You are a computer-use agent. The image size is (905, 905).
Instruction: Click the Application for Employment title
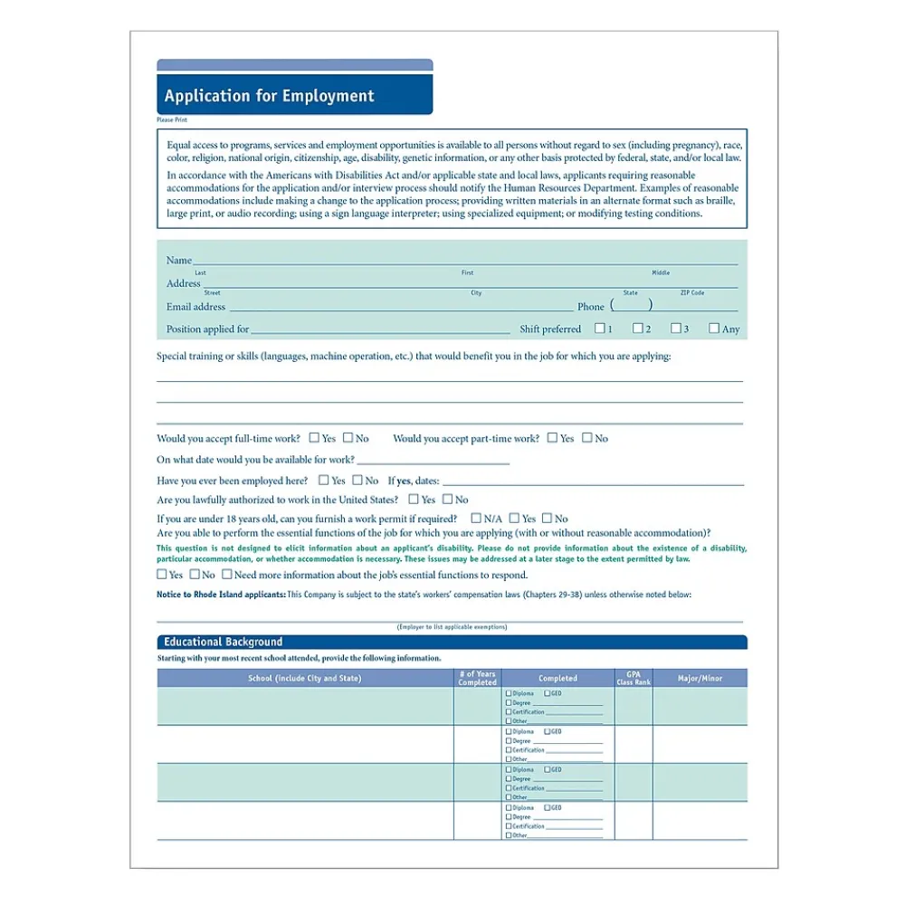pos(269,96)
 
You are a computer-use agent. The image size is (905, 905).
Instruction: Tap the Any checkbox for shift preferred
pos(714,329)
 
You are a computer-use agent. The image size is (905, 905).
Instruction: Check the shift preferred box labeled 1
pos(600,329)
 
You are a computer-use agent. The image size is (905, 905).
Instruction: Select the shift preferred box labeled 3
pos(676,329)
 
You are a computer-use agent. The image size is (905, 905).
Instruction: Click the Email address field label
pos(195,307)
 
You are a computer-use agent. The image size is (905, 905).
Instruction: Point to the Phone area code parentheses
pos(631,306)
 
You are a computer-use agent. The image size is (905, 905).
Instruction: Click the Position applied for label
pos(207,329)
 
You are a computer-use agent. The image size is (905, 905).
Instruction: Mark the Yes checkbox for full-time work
pos(314,438)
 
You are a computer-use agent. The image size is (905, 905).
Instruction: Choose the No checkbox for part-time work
pos(587,438)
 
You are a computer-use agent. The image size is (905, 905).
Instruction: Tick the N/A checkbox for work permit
pos(476,519)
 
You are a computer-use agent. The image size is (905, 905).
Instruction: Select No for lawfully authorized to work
pos(447,499)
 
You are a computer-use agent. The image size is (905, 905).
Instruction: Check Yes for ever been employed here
pos(323,481)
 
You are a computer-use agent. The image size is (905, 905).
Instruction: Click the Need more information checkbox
pos(227,574)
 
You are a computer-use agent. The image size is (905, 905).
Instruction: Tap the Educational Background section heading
pos(223,642)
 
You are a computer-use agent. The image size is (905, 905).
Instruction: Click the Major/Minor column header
pos(700,678)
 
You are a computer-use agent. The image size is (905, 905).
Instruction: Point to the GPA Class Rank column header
pos(633,678)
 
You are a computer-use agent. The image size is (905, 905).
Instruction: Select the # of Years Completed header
pos(477,678)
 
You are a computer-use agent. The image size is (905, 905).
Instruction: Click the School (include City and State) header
pos(304,678)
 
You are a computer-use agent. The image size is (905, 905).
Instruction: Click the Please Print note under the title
pos(172,119)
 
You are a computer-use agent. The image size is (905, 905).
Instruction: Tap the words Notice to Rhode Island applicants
pos(221,595)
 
